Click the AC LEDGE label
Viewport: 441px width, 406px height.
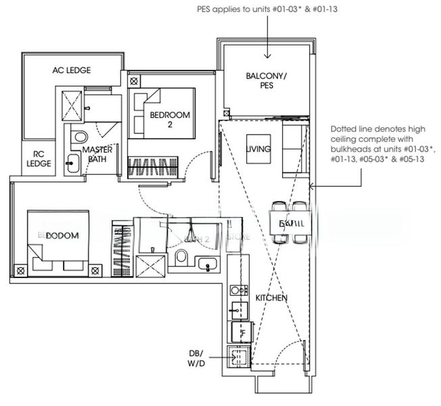[x=72, y=70]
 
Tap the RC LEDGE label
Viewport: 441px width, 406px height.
[x=34, y=158]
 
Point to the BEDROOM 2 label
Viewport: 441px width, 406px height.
[x=170, y=120]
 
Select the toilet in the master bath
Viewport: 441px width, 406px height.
[x=74, y=136]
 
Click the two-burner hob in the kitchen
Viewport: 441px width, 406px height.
[x=237, y=290]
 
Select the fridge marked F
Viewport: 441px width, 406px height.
[x=241, y=332]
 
